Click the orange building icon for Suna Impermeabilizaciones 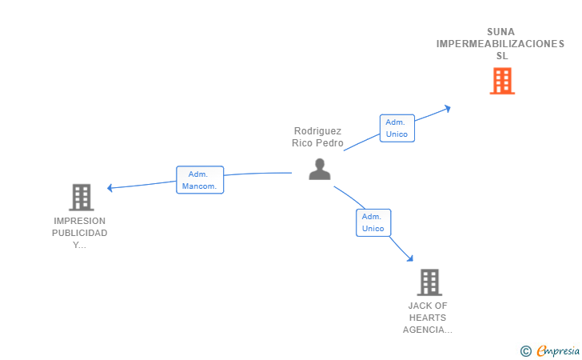click(502, 81)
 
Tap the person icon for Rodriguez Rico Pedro click(320, 169)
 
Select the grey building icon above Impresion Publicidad click(82, 198)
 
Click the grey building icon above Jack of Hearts click(429, 282)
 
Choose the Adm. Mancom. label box click(200, 180)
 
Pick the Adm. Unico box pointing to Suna click(397, 128)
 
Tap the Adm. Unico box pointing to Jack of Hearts click(373, 222)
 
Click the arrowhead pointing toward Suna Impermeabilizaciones click(448, 109)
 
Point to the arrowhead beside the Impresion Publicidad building click(110, 188)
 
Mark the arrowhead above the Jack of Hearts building click(410, 258)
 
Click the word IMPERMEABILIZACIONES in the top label click(500, 44)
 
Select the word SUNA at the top click(500, 32)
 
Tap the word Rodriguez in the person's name click(317, 131)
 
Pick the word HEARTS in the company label click(428, 318)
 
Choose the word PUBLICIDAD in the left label click(79, 233)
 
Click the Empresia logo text click(558, 350)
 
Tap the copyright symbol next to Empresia click(525, 351)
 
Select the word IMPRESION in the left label click(79, 221)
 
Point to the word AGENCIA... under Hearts click(428, 330)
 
